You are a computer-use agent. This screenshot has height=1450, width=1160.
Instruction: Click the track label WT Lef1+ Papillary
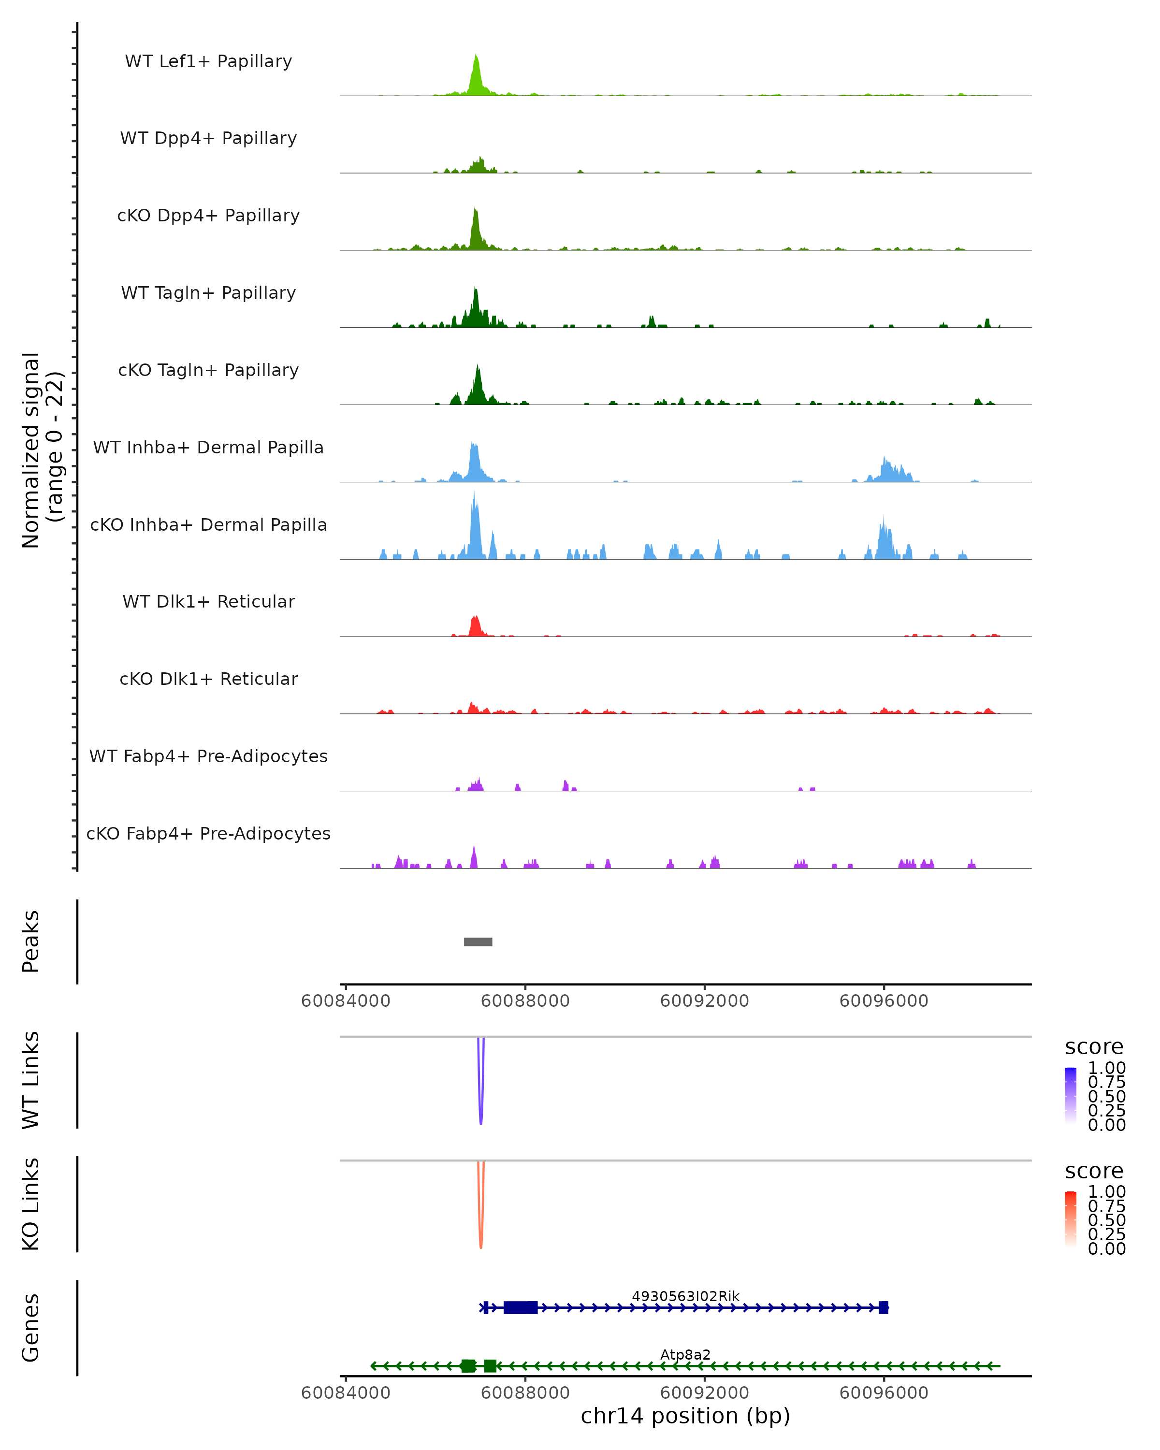click(x=208, y=61)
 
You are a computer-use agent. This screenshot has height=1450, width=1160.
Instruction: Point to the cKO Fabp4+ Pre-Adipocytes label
click(x=208, y=833)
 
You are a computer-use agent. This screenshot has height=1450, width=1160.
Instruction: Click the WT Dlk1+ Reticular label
click(x=208, y=601)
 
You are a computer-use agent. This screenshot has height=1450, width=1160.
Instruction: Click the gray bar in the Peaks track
click(x=478, y=942)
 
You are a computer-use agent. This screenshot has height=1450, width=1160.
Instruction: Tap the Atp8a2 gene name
click(x=685, y=1354)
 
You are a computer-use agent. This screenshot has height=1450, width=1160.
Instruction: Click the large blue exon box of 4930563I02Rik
click(x=521, y=1307)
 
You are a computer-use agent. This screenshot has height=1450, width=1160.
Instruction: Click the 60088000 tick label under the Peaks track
click(x=525, y=1001)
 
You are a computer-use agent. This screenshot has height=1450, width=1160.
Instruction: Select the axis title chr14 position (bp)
click(x=685, y=1416)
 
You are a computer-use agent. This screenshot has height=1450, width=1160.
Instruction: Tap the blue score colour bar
click(x=1071, y=1095)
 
